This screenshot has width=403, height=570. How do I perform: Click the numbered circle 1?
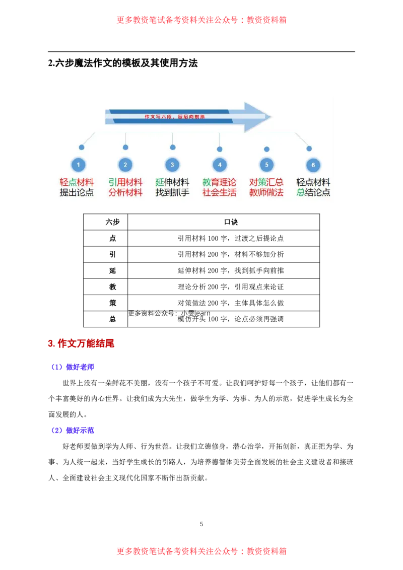78,165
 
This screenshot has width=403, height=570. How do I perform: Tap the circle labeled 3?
172,165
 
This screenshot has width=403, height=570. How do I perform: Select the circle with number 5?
266,165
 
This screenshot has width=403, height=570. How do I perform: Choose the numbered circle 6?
313,165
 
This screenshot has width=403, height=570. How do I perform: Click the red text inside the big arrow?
175,116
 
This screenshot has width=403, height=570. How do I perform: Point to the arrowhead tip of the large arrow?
271,117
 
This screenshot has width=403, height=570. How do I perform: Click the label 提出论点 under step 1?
77,192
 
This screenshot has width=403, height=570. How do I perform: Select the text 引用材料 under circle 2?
125,182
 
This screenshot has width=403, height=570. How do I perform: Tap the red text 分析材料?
125,192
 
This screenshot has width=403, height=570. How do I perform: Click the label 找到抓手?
172,192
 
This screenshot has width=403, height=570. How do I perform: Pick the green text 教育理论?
219,182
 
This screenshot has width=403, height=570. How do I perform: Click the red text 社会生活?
219,192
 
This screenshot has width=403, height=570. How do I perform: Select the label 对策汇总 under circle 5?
266,182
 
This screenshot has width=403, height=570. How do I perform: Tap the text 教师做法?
266,192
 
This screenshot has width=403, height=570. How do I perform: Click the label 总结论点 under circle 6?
313,192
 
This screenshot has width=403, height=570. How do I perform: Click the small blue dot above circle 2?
125,147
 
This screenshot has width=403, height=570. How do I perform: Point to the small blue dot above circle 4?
220,149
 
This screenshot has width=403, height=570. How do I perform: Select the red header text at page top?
201,20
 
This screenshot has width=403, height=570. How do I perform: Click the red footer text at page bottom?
201,551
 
